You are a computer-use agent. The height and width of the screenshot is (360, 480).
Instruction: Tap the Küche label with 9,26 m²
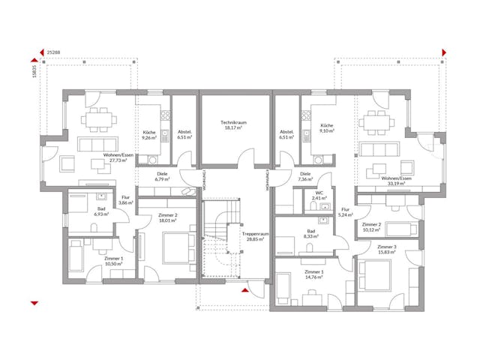click(x=149, y=136)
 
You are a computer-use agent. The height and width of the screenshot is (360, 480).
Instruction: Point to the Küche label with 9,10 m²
click(x=326, y=128)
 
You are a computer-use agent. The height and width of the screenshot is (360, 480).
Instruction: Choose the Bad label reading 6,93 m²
click(x=101, y=211)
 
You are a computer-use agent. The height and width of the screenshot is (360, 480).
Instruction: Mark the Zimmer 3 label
click(x=387, y=249)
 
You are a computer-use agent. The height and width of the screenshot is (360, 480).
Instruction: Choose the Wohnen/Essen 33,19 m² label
click(x=396, y=181)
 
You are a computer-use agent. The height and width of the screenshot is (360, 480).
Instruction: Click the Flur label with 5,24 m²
click(x=346, y=212)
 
